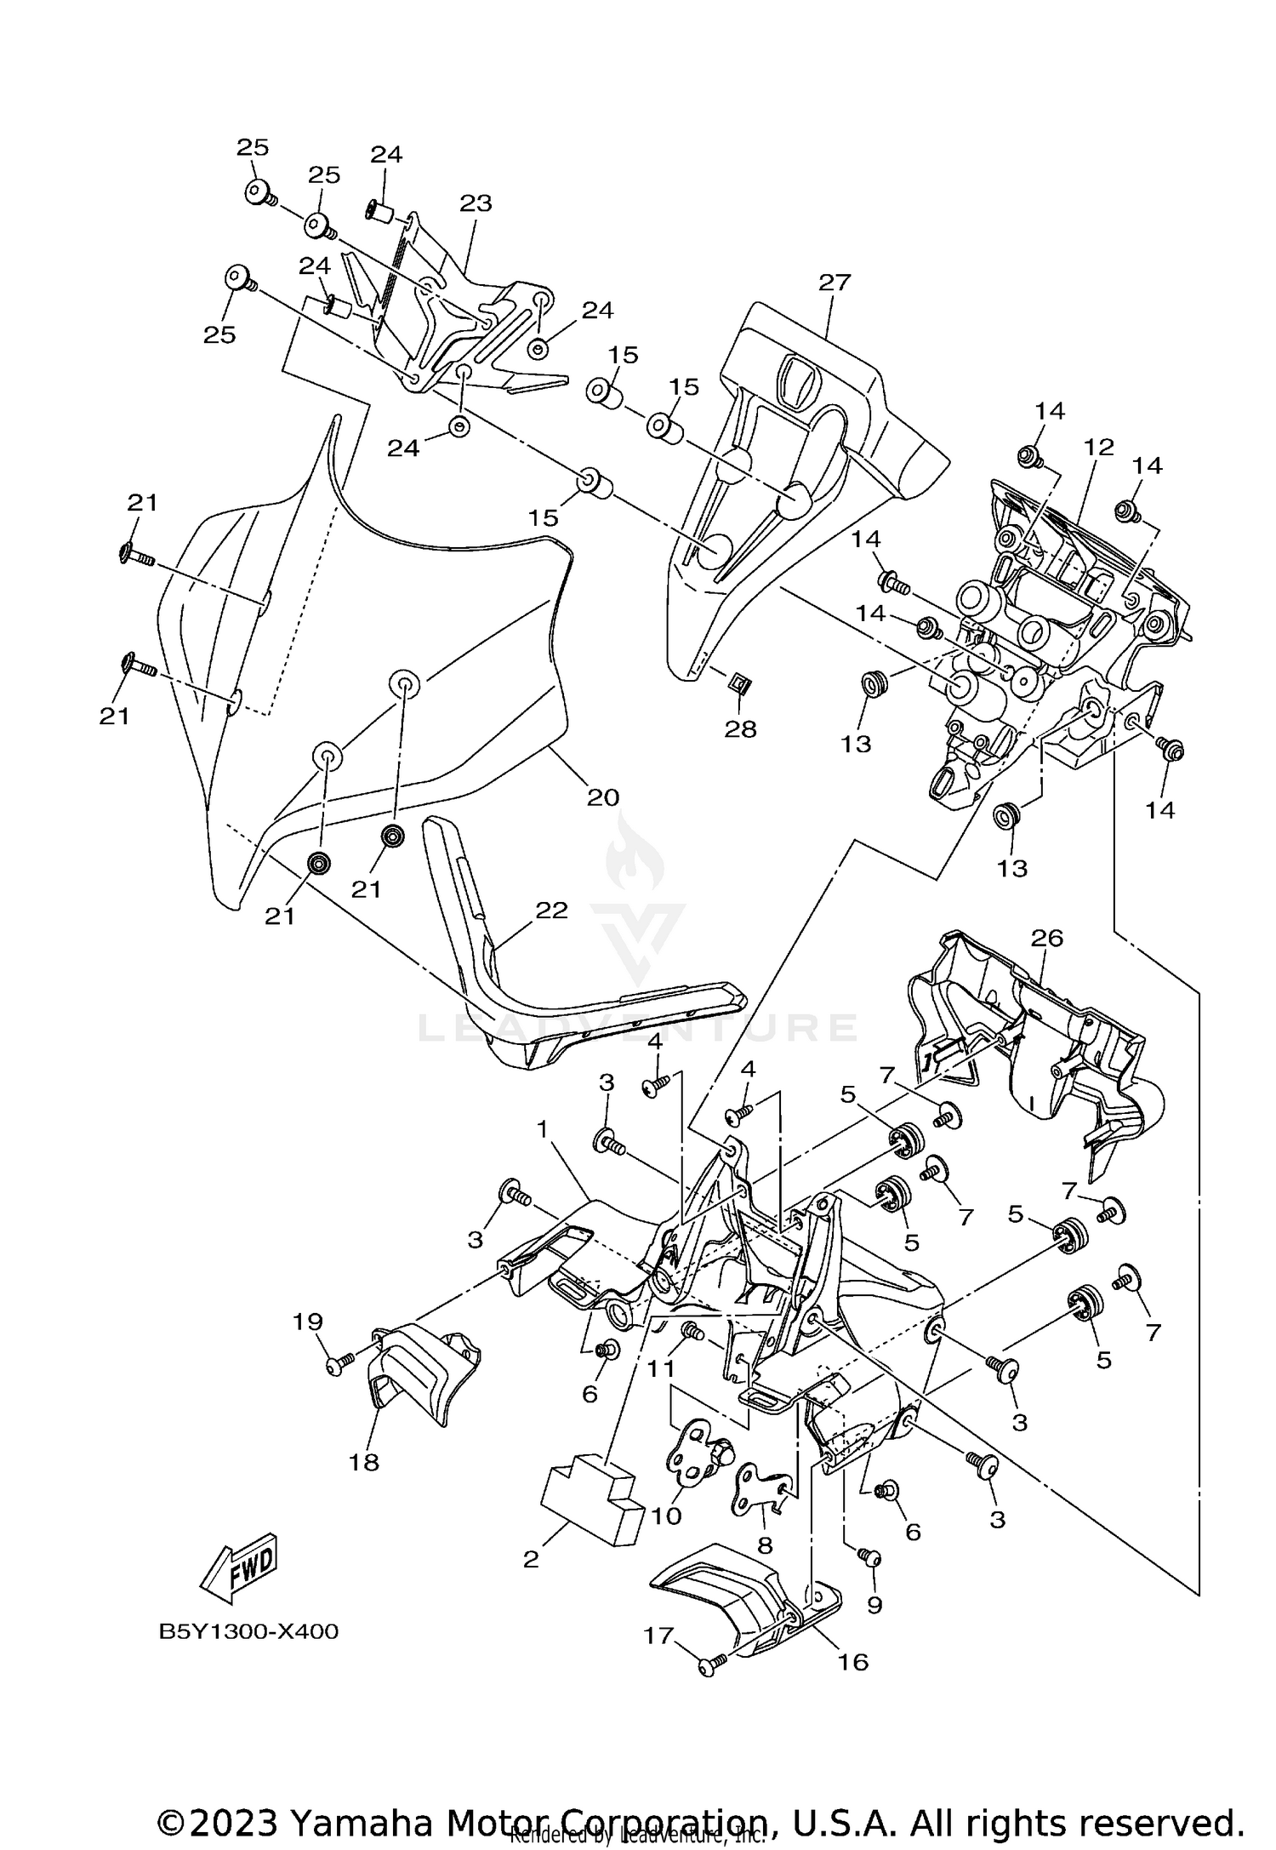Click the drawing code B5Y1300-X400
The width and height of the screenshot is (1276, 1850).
(248, 1632)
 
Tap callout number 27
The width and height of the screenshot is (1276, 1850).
(835, 283)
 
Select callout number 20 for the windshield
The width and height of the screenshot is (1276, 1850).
(603, 797)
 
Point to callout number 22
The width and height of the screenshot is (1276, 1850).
(551, 910)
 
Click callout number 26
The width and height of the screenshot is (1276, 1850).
(1047, 938)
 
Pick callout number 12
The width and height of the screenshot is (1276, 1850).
(1098, 447)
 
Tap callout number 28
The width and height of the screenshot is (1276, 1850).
(740, 728)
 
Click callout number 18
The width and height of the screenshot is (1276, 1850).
(364, 1463)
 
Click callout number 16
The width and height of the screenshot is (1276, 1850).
(853, 1662)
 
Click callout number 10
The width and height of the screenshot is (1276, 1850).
(667, 1516)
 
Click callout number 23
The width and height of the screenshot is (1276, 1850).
(476, 203)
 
